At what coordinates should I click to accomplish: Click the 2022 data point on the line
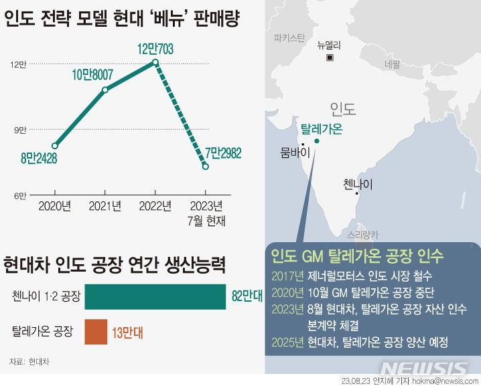click(155, 62)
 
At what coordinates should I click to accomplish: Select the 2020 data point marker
click(55, 145)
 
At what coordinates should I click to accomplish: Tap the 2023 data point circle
click(205, 166)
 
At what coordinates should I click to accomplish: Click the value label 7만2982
click(223, 153)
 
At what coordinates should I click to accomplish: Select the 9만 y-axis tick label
click(18, 130)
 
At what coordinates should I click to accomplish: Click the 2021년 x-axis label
click(105, 206)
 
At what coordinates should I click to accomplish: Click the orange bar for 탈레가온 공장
click(96, 332)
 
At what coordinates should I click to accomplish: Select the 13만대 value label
click(127, 332)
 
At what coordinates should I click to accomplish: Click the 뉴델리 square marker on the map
click(330, 58)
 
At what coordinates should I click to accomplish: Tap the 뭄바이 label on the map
click(293, 153)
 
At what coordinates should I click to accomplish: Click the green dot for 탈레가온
click(317, 141)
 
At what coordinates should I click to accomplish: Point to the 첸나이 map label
click(357, 183)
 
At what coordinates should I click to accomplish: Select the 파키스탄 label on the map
click(289, 37)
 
